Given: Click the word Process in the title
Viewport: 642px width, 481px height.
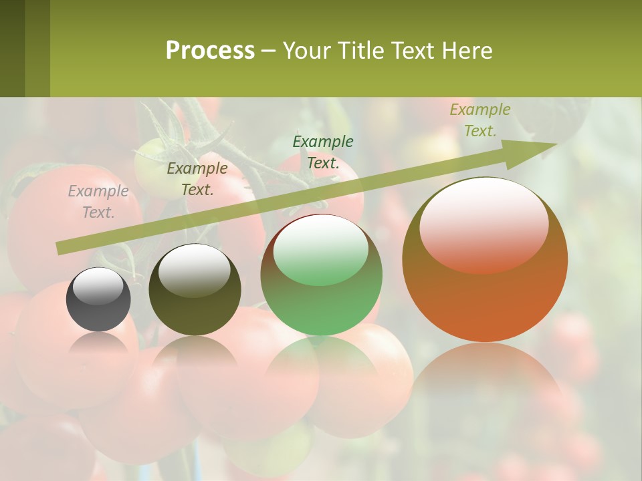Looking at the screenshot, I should point(210,51).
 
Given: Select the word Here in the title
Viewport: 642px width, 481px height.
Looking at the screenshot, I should point(467,51).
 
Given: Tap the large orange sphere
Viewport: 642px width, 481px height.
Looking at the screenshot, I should point(485,294).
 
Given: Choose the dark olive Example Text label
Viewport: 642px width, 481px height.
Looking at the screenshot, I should point(197,179).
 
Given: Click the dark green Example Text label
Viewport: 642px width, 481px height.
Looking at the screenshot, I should point(323,152).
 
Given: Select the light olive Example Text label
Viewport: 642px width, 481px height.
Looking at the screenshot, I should point(480,120).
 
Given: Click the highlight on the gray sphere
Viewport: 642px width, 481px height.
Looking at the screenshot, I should point(98,286).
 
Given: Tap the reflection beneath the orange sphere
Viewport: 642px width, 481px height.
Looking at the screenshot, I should point(485,387).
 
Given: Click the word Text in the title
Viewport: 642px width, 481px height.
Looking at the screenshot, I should point(415,51).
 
